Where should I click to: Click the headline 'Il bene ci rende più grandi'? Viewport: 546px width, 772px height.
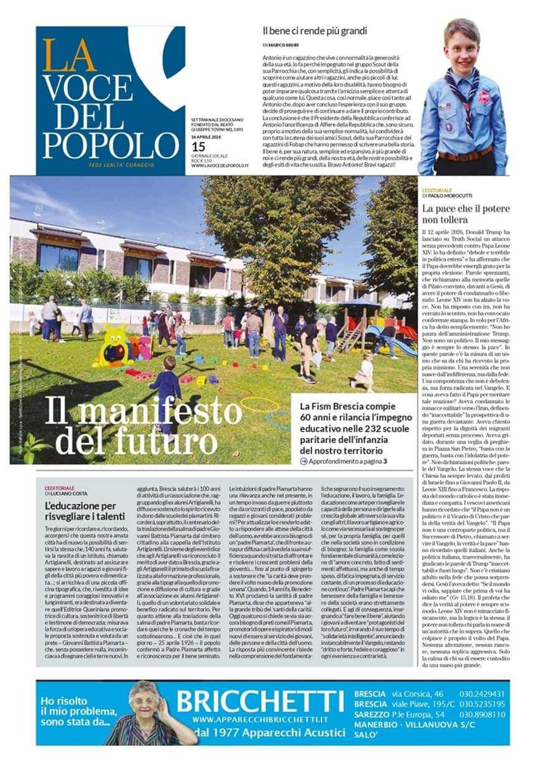click(x=314, y=30)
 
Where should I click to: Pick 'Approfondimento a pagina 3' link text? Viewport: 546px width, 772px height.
click(x=347, y=461)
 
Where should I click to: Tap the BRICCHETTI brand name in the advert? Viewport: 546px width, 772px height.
click(x=260, y=702)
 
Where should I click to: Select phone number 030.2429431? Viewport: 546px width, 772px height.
click(x=482, y=694)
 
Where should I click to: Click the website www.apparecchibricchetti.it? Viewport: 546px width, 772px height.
click(x=260, y=719)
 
